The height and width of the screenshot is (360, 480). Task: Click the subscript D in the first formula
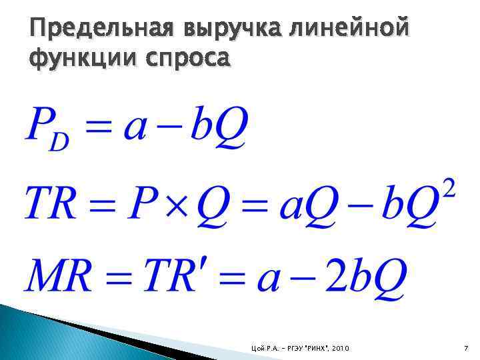61,142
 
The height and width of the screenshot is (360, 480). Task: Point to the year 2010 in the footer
341,349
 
